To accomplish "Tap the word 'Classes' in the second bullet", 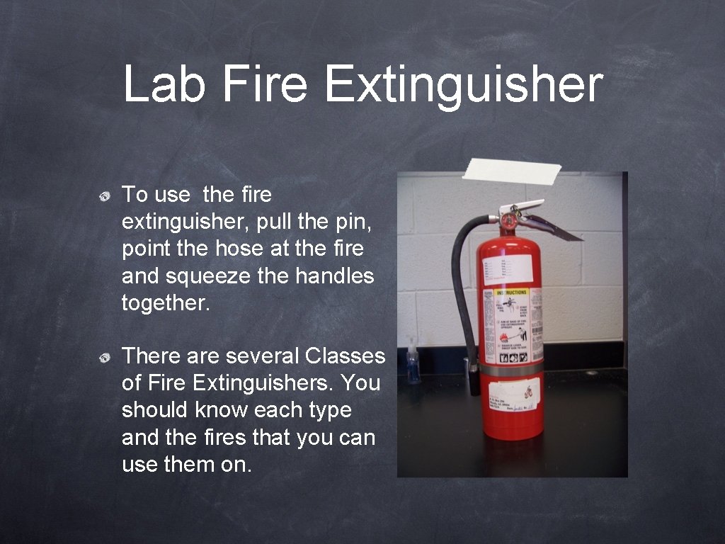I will tap(345, 356).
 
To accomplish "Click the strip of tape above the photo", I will tap(511, 170).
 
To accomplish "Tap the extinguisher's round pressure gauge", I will tap(508, 222).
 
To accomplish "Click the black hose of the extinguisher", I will tap(462, 283).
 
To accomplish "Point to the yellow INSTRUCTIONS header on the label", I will tap(511, 292).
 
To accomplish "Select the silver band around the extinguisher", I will tap(511, 370).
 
